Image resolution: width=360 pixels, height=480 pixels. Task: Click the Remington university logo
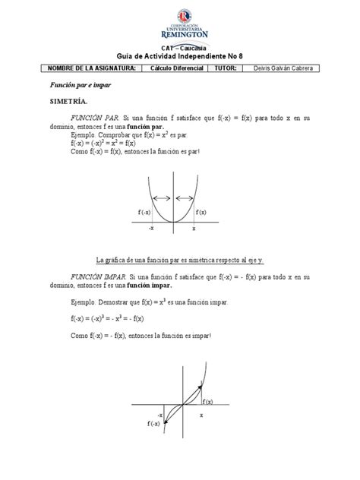click(x=179, y=27)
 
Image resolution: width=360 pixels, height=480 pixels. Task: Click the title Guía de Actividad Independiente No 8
click(x=179, y=56)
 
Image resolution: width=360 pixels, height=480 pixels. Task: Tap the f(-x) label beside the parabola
click(x=144, y=212)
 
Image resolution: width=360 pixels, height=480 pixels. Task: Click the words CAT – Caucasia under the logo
click(x=179, y=47)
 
